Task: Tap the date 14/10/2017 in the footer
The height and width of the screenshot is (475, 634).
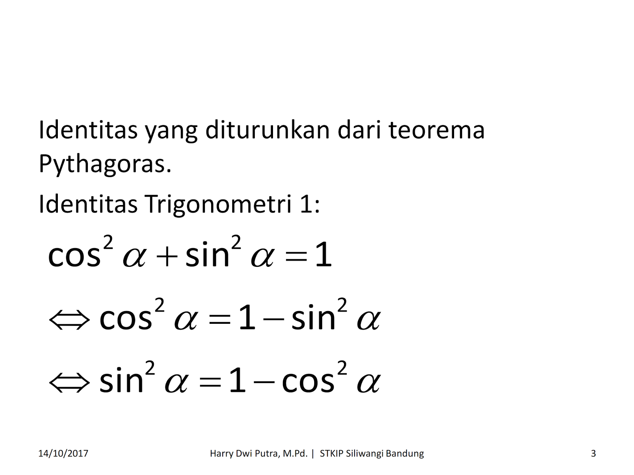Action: tap(63, 454)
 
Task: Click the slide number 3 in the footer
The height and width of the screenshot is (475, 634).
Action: tap(593, 454)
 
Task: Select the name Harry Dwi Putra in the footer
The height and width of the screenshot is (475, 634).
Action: tap(258, 454)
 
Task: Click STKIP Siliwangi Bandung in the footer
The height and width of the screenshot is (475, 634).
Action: tap(372, 454)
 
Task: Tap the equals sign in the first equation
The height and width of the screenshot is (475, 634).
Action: tap(296, 256)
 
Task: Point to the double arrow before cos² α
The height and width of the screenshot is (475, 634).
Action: tap(69, 320)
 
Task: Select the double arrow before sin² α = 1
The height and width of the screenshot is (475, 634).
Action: tap(69, 383)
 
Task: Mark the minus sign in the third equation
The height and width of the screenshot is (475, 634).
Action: tap(264, 383)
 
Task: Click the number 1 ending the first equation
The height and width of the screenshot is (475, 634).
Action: tap(323, 255)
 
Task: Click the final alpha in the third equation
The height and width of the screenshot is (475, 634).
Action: tap(369, 383)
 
